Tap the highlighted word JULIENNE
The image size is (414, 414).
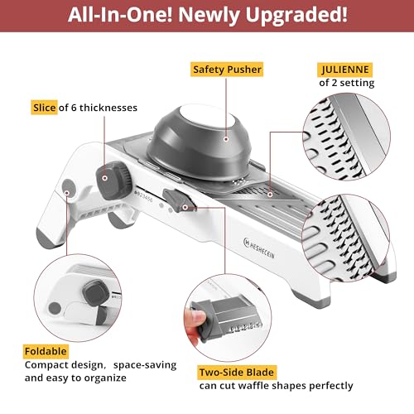click(x=346, y=69)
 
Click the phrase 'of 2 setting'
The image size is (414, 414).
click(x=347, y=82)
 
